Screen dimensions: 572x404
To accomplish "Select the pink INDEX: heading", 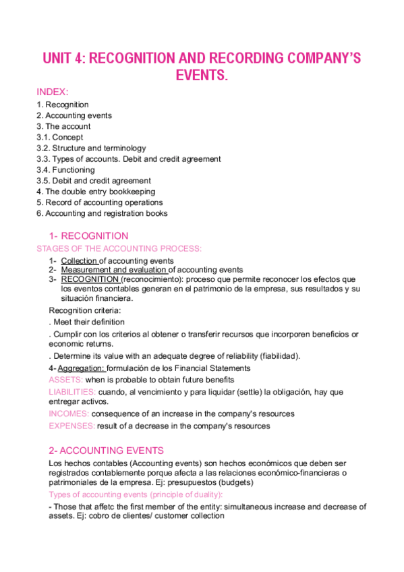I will pos(53,91).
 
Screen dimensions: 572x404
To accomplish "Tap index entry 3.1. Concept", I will pos(60,137).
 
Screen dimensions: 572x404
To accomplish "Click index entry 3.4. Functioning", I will pos(65,170).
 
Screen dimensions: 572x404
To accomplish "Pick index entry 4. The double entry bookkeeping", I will pos(96,192).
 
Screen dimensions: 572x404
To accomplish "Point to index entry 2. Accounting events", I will pos(74,115).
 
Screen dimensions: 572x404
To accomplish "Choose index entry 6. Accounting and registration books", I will pos(102,213).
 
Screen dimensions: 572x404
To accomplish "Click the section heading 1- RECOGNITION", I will pos(88,236).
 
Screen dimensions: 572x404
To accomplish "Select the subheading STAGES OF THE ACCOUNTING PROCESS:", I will pos(118,248).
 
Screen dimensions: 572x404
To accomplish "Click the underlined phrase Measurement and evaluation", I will pos(113,270).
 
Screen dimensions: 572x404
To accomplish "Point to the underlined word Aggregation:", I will pos(81,368).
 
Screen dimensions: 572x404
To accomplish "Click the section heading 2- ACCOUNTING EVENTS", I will pos(106,451).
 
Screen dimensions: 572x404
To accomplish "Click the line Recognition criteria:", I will pos(85,310).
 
